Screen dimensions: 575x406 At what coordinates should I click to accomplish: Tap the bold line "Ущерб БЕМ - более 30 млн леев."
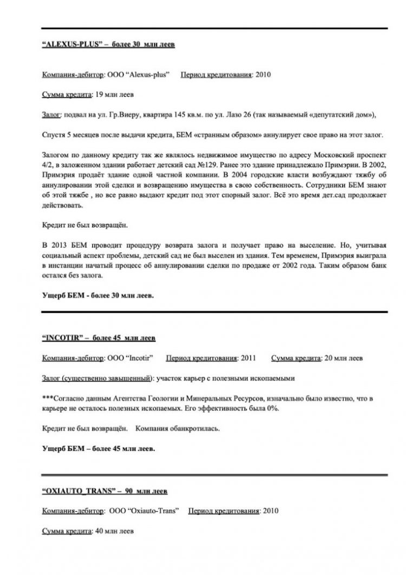pos(98,296)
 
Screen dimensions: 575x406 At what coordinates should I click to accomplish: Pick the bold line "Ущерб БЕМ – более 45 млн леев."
pos(99,448)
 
